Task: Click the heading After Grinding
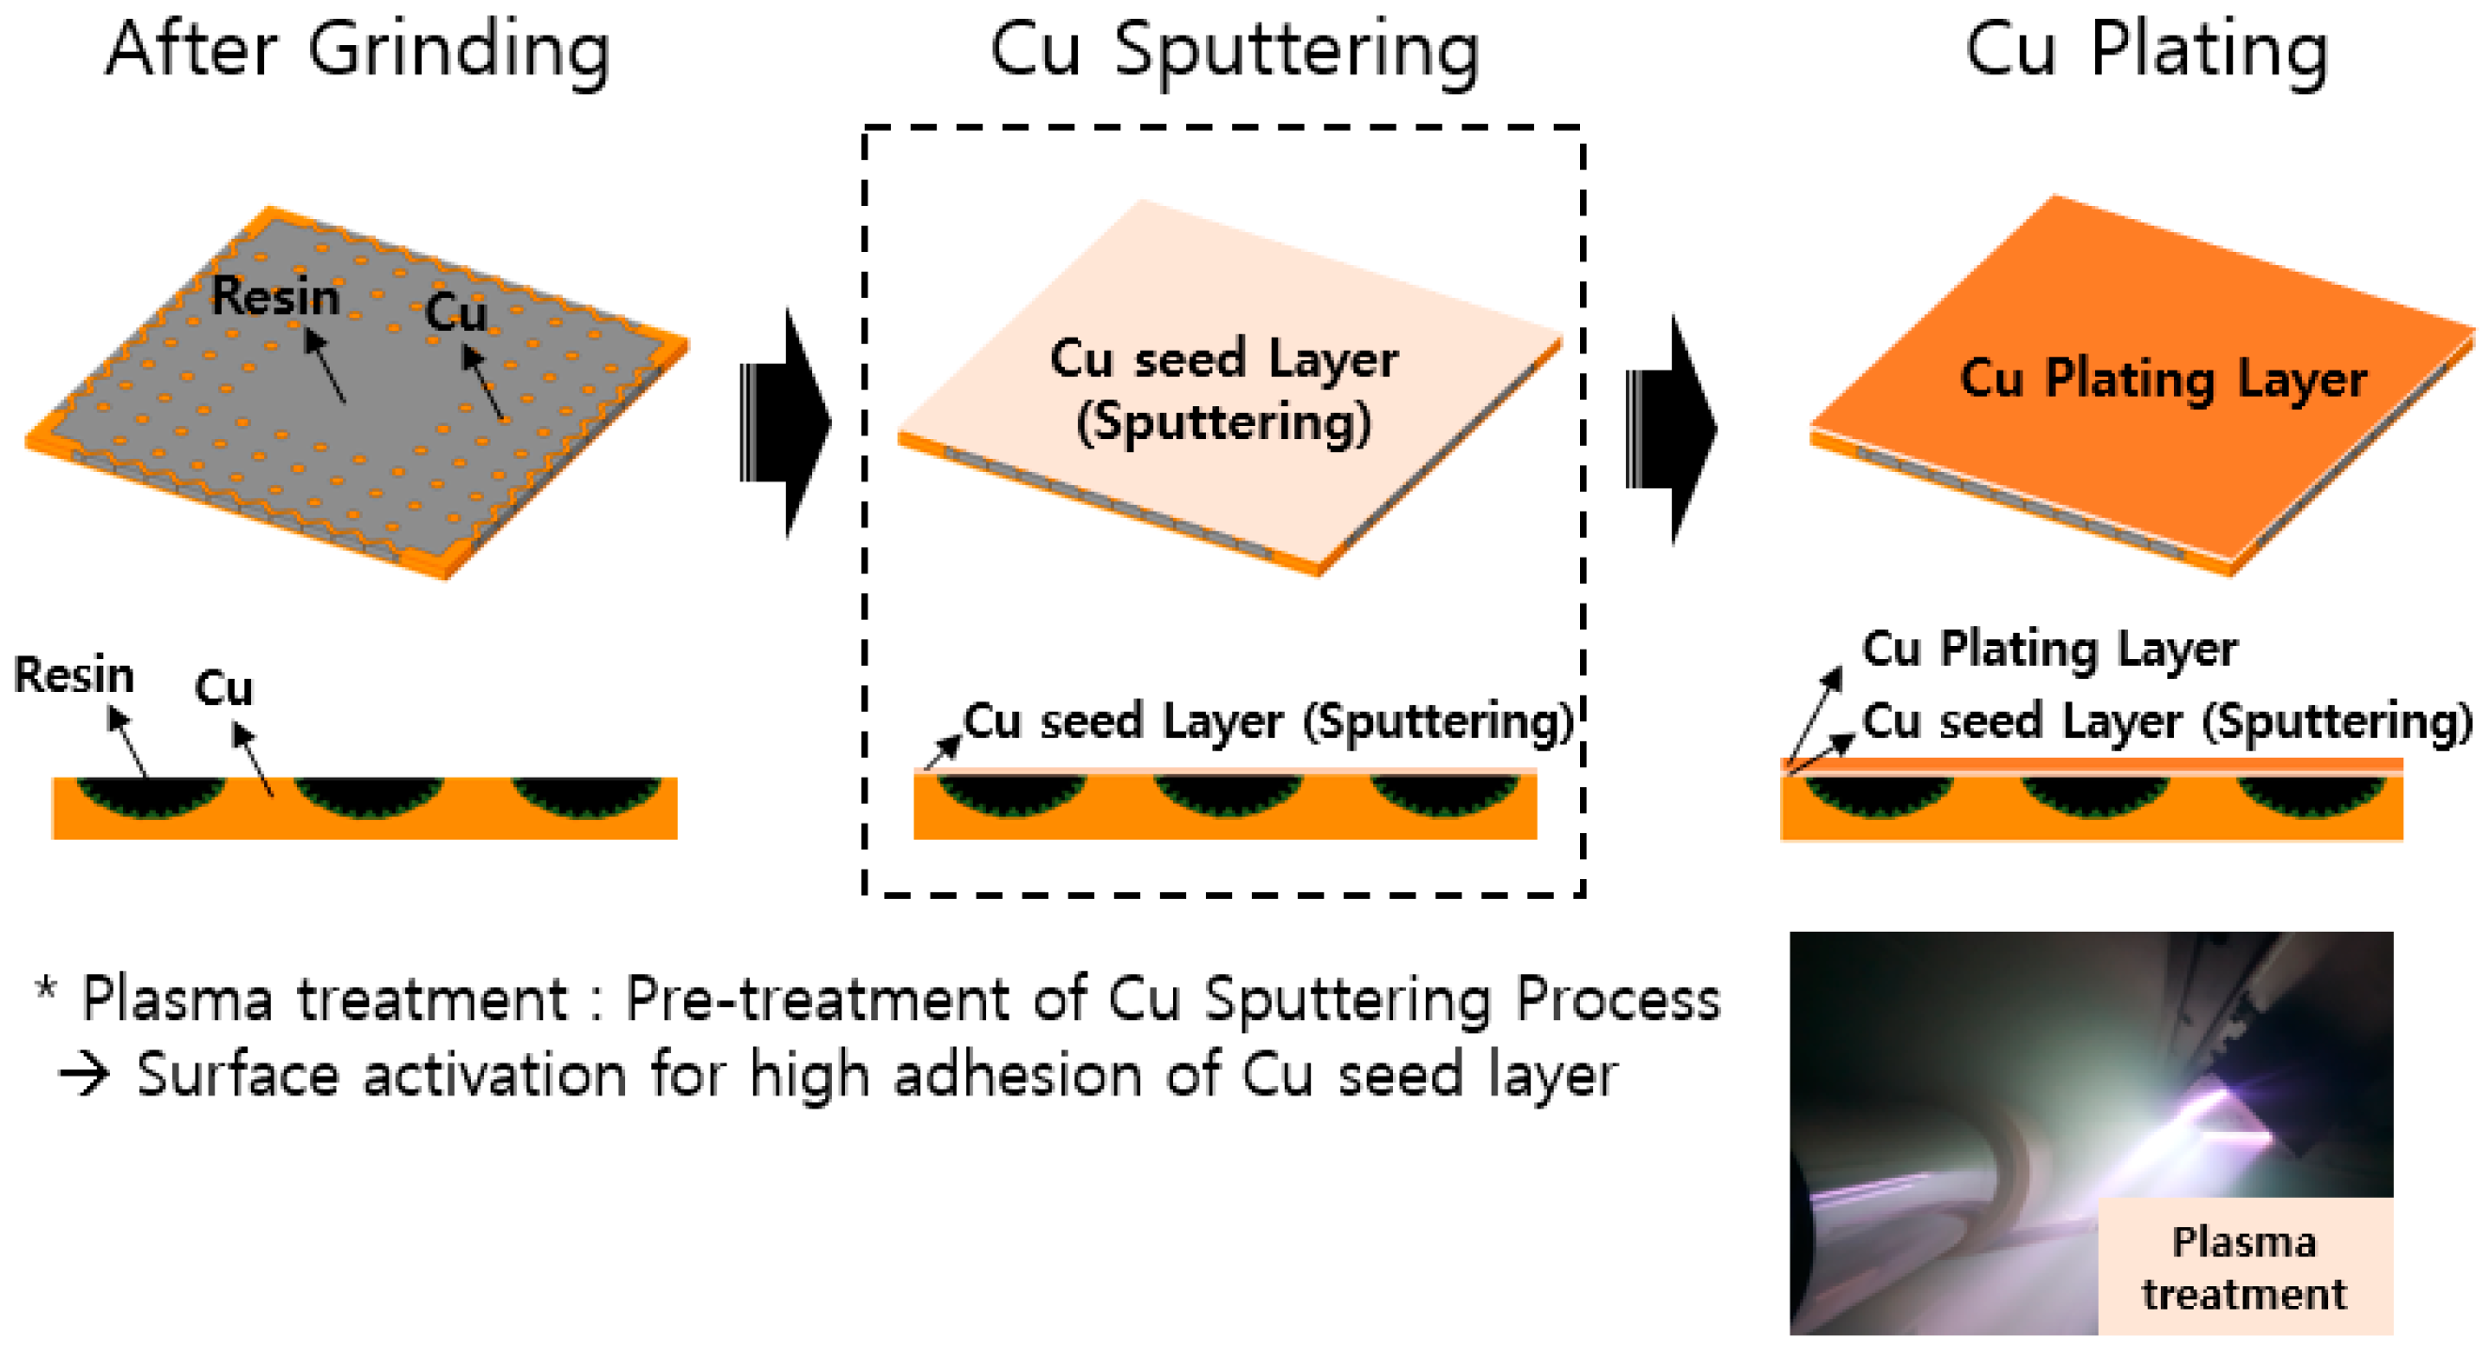[357, 50]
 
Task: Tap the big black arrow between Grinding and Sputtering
[787, 423]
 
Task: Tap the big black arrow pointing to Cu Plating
[1672, 429]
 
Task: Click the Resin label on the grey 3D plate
[275, 295]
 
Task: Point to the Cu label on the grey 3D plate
[456, 312]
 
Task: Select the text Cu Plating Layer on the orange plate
[2163, 379]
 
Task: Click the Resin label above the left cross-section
[73, 675]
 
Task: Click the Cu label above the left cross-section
[223, 688]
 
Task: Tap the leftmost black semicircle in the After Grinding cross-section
[149, 794]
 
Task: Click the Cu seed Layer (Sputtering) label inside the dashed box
[1267, 721]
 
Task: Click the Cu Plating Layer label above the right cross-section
[2049, 649]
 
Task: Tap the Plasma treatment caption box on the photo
[2244, 1266]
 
